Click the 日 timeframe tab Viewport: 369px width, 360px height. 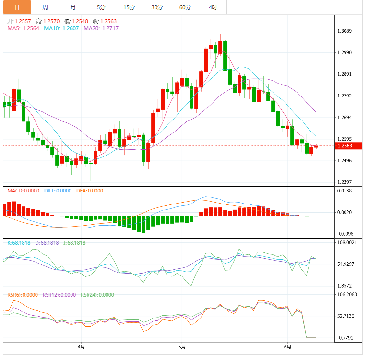tap(17, 7)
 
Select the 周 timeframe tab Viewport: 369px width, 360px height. tap(45, 7)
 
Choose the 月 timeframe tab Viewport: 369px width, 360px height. tap(72, 7)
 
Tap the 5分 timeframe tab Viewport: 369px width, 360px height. tap(101, 7)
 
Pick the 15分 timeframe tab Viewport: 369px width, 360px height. tap(129, 7)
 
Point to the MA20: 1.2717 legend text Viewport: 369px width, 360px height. tap(101, 28)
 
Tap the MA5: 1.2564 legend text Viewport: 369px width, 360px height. tap(23, 28)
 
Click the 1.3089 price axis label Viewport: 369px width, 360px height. tap(345, 31)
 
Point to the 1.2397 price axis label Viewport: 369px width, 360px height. tap(345, 182)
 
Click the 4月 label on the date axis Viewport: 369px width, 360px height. tap(82, 346)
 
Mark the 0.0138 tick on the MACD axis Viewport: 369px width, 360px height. tap(345, 191)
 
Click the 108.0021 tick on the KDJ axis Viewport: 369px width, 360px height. tap(346, 243)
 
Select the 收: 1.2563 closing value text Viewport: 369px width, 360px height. tap(105, 21)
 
